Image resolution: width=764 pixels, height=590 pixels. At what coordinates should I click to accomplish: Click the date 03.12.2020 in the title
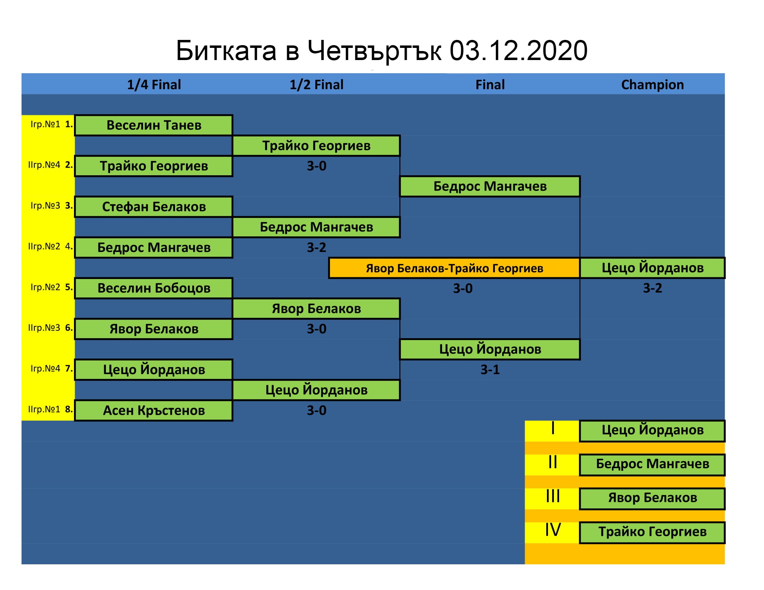tap(518, 51)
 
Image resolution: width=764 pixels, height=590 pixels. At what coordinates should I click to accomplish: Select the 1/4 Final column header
tap(154, 85)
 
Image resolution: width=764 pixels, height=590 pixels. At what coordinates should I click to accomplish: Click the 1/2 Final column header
tap(316, 85)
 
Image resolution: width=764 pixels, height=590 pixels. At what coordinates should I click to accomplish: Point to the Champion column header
tap(653, 85)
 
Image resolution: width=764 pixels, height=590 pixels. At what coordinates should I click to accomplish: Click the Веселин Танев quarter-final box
tap(154, 125)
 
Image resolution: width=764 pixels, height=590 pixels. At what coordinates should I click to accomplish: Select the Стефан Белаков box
tap(154, 206)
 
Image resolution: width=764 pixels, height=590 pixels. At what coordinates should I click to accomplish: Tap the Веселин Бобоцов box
tap(154, 288)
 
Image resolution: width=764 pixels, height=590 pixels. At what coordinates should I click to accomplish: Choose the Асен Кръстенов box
tap(154, 410)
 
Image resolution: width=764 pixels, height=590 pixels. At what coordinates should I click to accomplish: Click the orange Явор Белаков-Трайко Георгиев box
tap(455, 268)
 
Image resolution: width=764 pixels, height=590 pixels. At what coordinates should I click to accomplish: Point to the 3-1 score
tap(490, 370)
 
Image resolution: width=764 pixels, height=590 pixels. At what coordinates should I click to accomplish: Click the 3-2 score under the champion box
tap(653, 288)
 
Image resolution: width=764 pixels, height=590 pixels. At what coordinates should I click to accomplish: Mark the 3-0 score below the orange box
tap(463, 288)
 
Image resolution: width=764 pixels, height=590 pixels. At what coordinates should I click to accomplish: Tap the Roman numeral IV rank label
tap(553, 530)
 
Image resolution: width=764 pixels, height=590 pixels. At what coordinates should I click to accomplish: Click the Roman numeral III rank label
tap(553, 496)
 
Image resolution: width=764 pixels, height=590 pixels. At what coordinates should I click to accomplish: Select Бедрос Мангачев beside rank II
tap(653, 464)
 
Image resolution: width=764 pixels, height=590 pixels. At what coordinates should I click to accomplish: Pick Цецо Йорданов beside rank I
tap(653, 430)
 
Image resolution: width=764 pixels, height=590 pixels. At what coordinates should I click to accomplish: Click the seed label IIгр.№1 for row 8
tap(44, 409)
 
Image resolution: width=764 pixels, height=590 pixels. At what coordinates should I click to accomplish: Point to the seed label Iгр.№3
tap(45, 205)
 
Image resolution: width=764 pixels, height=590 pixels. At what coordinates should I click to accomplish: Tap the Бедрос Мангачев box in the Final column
tap(490, 186)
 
